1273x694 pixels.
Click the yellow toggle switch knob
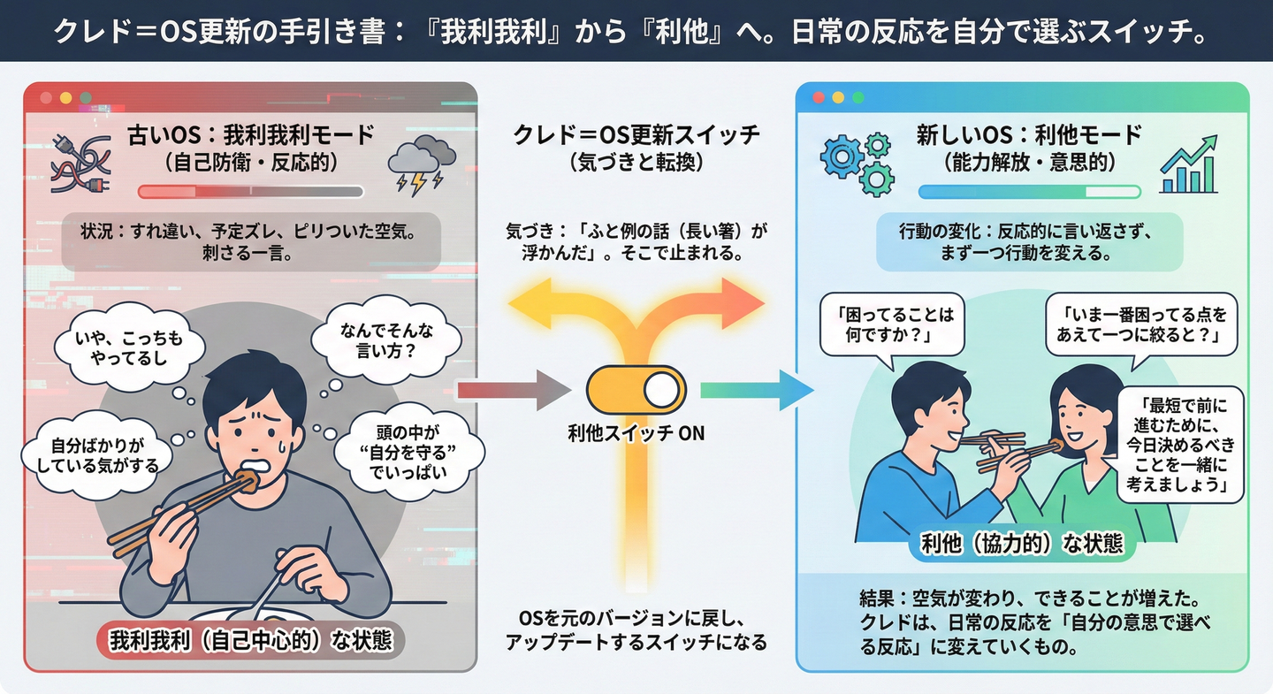pos(661,390)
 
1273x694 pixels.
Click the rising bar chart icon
pos(1189,164)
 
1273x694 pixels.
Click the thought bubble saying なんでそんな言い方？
pos(386,339)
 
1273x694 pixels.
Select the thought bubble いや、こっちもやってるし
pos(129,347)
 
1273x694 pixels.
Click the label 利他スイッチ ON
pos(636,434)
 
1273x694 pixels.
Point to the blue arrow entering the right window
pos(757,390)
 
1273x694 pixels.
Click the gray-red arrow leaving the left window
pos(515,391)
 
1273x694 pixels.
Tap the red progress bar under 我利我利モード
pos(251,192)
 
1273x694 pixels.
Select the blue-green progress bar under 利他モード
pos(1029,192)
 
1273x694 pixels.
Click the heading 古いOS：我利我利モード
pos(251,135)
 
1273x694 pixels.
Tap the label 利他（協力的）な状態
pos(1022,544)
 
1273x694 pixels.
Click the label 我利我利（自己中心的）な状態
pos(251,641)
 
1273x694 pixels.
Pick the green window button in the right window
pos(858,98)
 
